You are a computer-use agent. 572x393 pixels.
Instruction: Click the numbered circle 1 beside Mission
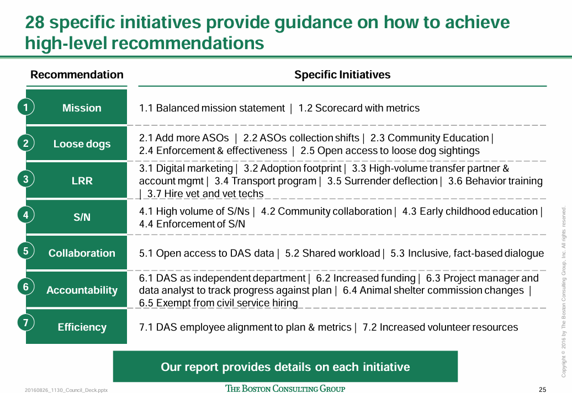pyautogui.click(x=25, y=107)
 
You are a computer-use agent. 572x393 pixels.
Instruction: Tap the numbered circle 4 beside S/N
pyautogui.click(x=25, y=215)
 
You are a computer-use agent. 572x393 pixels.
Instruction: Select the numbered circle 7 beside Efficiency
pyautogui.click(x=25, y=322)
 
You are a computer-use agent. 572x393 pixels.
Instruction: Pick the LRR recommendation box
pyautogui.click(x=77, y=180)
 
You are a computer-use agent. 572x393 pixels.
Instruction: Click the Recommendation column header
pyautogui.click(x=77, y=75)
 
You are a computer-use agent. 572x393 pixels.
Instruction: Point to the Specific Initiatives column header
pyautogui.click(x=342, y=75)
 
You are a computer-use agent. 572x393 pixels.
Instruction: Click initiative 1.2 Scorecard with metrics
pyautogui.click(x=359, y=108)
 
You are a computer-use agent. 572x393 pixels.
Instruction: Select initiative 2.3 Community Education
pyautogui.click(x=430, y=138)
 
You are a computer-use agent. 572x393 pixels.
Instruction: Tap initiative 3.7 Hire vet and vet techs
pyautogui.click(x=205, y=194)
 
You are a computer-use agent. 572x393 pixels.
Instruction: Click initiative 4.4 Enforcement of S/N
pyautogui.click(x=192, y=224)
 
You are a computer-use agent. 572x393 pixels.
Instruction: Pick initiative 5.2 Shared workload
pyautogui.click(x=332, y=253)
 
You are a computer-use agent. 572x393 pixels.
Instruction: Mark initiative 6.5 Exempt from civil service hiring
pyautogui.click(x=218, y=303)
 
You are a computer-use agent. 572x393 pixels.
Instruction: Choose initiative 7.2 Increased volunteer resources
pyautogui.click(x=440, y=327)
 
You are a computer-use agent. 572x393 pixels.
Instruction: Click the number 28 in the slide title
pyautogui.click(x=35, y=23)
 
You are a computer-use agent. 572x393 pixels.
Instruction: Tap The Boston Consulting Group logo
pyautogui.click(x=285, y=389)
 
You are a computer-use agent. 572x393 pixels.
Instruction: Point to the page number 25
pyautogui.click(x=542, y=390)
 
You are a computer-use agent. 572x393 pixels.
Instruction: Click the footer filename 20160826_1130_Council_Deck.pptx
pyautogui.click(x=66, y=390)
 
